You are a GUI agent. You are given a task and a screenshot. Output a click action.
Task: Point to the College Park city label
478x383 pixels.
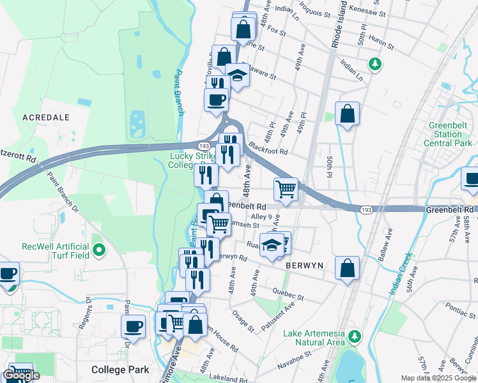coord(120,370)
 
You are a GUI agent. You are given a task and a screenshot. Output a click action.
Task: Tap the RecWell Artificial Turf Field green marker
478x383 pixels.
coord(98,250)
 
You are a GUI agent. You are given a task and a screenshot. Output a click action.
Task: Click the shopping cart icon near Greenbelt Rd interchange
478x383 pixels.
coord(286,188)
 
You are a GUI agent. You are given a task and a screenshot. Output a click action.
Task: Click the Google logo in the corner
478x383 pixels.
coord(21,376)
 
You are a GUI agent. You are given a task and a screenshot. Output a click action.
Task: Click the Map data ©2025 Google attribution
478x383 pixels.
coord(438,378)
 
